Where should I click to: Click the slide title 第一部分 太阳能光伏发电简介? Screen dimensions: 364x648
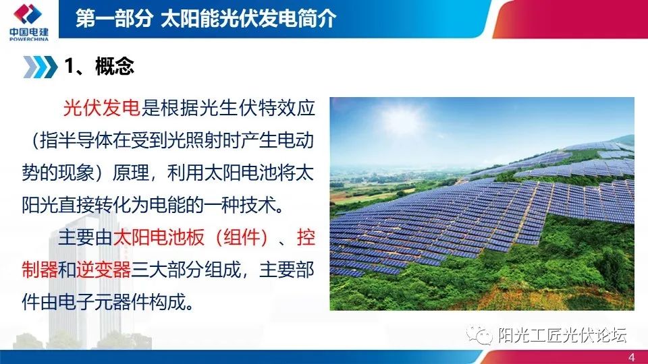tap(205, 18)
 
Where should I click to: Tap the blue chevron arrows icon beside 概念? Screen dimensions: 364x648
tap(40, 67)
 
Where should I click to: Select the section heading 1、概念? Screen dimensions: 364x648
tap(99, 66)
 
